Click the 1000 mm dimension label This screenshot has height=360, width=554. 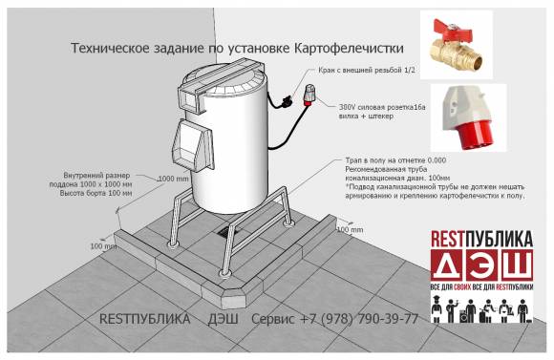[x=172, y=179]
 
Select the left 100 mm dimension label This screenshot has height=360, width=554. [x=103, y=246]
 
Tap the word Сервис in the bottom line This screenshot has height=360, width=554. [x=276, y=319]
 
